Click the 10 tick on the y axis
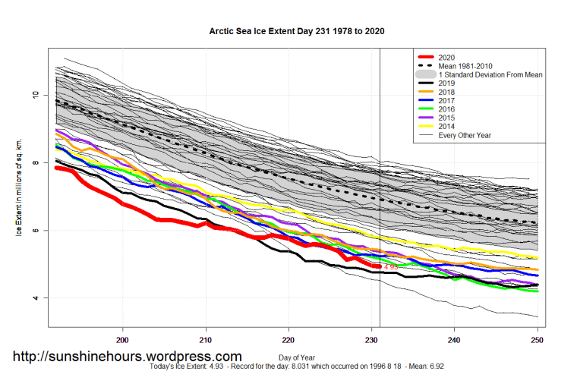35,95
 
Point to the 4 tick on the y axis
35,298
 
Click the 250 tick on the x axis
537,339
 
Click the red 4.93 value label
391,267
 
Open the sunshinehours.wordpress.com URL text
128,357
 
